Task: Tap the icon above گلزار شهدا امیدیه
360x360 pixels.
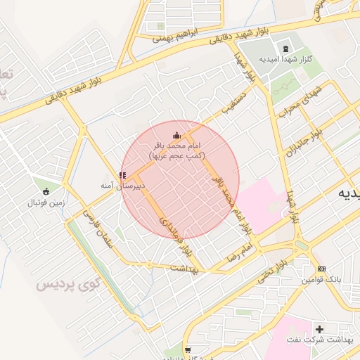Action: point(285,49)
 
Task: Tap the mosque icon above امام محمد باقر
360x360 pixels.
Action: point(176,135)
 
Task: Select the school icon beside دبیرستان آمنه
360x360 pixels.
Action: point(122,175)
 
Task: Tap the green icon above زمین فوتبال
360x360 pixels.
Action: point(46,191)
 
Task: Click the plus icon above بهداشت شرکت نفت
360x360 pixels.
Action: point(320,329)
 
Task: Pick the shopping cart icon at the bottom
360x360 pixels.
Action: point(187,349)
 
